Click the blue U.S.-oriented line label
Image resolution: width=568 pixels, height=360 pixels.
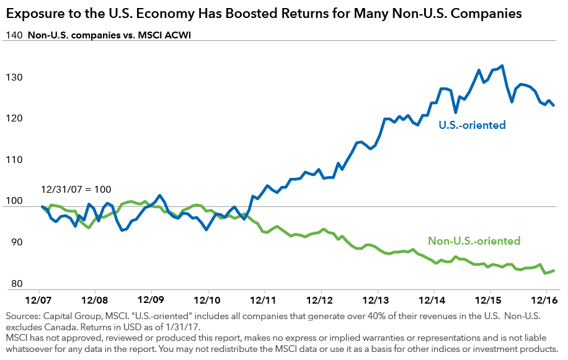(472, 125)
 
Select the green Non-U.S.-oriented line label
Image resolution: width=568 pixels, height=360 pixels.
(474, 241)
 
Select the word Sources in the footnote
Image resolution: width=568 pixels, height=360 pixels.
(23, 317)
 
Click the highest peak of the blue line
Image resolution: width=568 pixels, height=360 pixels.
(501, 66)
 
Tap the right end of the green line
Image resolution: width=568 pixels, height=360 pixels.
(554, 270)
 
